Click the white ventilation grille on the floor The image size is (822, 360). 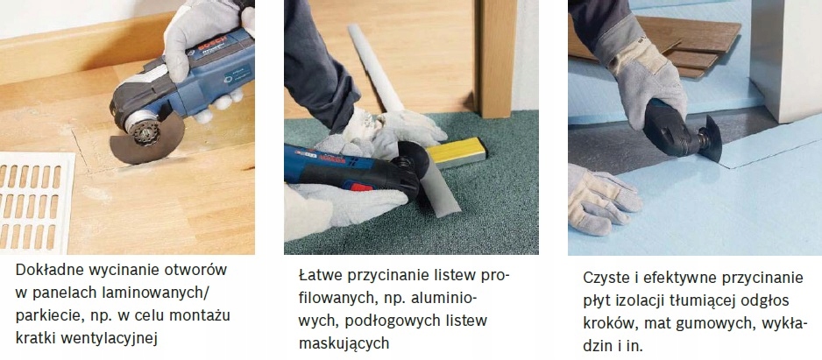[x=36, y=201]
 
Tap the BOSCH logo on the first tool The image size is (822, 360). [x=213, y=44]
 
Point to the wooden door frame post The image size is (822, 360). [x=496, y=59]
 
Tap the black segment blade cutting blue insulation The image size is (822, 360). [x=709, y=140]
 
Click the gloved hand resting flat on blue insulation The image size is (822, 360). [x=602, y=199]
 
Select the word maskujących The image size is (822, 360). [x=344, y=343]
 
